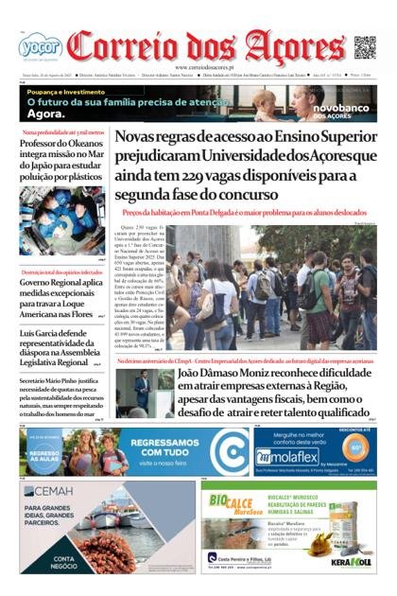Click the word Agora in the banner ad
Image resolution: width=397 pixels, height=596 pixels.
point(46,114)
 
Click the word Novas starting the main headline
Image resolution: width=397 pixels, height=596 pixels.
point(141,138)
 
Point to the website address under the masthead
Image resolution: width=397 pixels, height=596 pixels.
point(198,67)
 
